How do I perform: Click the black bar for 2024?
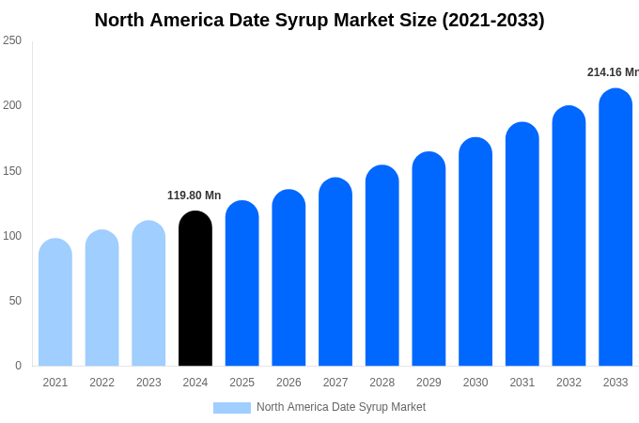pyautogui.click(x=195, y=289)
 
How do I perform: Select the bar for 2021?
pyautogui.click(x=55, y=303)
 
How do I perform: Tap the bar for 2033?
pyautogui.click(x=616, y=227)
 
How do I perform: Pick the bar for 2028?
pyautogui.click(x=382, y=266)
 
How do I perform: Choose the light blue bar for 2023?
pyautogui.click(x=148, y=293)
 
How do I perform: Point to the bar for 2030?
pyautogui.click(x=475, y=252)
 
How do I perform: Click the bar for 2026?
pyautogui.click(x=288, y=278)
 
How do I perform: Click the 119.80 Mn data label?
pyautogui.click(x=195, y=196)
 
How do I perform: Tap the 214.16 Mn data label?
pyautogui.click(x=613, y=72)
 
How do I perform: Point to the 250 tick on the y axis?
pyautogui.click(x=12, y=40)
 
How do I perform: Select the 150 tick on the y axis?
pyautogui.click(x=12, y=171)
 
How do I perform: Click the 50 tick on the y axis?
pyautogui.click(x=15, y=301)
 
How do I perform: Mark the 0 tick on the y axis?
pyautogui.click(x=18, y=366)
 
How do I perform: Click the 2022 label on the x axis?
pyautogui.click(x=102, y=383)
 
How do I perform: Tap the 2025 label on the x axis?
pyautogui.click(x=242, y=383)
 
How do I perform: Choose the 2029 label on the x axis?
pyautogui.click(x=429, y=383)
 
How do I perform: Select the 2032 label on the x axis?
pyautogui.click(x=569, y=383)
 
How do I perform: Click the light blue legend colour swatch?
pyautogui.click(x=232, y=408)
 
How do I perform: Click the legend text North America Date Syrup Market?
pyautogui.click(x=341, y=407)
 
